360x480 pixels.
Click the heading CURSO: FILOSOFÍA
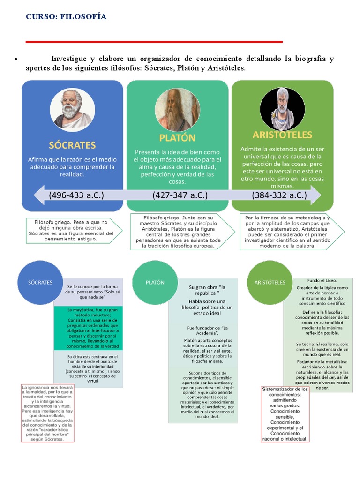coord(66,17)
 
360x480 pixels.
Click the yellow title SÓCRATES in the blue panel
coord(72,145)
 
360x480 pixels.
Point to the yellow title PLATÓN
coord(177,138)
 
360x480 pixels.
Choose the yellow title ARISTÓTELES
coord(282,135)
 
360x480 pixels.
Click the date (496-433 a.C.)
coord(74,195)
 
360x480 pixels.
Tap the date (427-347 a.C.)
coord(180,195)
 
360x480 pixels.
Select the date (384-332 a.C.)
coord(279,195)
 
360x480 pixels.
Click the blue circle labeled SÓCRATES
coord(40,282)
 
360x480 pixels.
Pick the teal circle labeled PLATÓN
coord(155,282)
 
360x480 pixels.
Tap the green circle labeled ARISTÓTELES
coord(270,282)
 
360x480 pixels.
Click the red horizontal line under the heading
coord(154,42)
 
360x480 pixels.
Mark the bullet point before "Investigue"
coord(16,60)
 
